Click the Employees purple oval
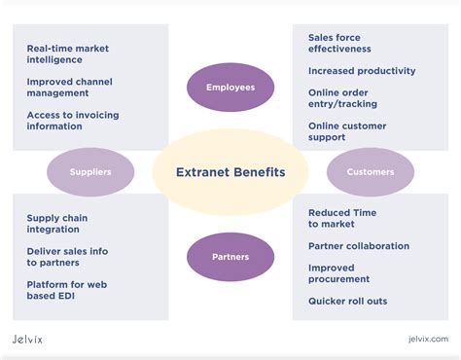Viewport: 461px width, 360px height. point(230,88)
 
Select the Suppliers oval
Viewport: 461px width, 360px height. point(90,172)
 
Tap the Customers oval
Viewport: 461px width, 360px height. point(371,172)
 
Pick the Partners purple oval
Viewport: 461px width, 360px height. point(230,257)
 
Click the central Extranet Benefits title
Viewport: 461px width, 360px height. point(230,172)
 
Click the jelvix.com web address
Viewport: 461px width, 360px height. point(428,339)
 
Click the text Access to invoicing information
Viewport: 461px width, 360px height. point(72,121)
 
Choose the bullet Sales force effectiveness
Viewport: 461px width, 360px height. point(339,43)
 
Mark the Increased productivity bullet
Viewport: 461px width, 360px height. point(362,71)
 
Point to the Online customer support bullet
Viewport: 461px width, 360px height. point(347,131)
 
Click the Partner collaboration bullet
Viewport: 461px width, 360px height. point(359,246)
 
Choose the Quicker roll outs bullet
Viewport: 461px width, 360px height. point(347,302)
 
